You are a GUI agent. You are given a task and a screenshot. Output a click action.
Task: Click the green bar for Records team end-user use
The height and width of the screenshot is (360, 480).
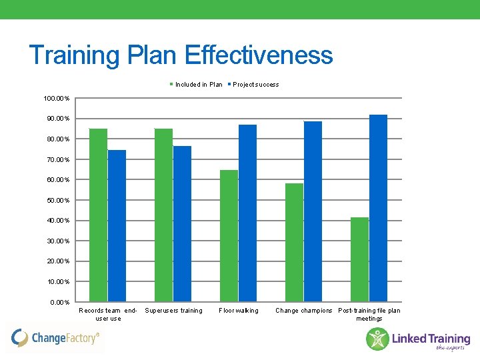point(98,215)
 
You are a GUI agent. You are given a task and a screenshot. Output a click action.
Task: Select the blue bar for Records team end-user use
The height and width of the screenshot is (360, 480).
point(117,225)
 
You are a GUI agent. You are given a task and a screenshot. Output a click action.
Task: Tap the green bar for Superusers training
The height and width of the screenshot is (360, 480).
point(163,215)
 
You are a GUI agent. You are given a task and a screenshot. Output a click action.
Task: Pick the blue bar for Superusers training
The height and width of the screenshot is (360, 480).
point(182,223)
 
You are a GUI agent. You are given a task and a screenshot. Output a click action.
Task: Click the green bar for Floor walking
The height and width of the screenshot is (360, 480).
point(229,235)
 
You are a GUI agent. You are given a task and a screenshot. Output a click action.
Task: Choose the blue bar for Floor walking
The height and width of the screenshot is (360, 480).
point(247,213)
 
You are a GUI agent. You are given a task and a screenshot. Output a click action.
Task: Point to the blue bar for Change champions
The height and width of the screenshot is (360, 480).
point(313,211)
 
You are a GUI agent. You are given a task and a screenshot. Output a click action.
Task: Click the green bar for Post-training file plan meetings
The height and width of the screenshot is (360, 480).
point(359,259)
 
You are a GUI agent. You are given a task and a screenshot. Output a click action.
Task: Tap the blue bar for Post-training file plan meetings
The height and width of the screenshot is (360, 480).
point(378,208)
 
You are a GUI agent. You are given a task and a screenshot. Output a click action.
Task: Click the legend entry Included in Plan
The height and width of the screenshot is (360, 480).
point(198,85)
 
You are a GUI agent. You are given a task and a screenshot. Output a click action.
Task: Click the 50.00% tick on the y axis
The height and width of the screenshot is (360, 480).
point(59,201)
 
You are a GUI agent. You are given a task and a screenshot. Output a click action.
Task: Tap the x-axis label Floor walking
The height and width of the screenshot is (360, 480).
point(238,311)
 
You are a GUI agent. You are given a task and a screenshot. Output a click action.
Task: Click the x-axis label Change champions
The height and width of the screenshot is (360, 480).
point(303,311)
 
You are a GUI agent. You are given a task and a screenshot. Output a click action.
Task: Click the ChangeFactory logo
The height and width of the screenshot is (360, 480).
point(56,338)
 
